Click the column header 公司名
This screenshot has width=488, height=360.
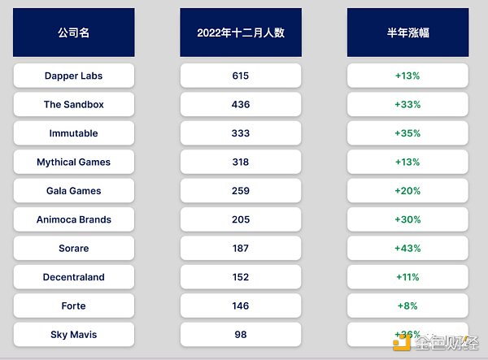coord(74,33)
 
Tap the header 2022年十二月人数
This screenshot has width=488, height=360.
coord(241,33)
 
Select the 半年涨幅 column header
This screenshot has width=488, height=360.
coord(407,33)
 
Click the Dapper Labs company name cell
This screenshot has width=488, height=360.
coord(74,76)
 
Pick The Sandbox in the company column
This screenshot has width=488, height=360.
coord(74,105)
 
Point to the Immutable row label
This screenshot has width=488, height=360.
coord(74,133)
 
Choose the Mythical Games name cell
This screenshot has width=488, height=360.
coord(74,162)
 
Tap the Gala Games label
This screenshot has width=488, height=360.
coord(74,191)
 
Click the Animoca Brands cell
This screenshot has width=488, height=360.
coord(74,219)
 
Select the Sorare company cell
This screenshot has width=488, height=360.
coord(74,248)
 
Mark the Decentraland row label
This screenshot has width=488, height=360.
coord(74,277)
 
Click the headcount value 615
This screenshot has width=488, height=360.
coord(241,76)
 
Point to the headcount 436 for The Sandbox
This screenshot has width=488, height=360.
coord(241,105)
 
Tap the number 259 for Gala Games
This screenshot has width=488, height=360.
coord(241,191)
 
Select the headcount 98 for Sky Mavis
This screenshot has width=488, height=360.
coord(241,335)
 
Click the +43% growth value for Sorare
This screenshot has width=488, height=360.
coord(407,248)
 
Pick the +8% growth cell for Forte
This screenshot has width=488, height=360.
coord(407,306)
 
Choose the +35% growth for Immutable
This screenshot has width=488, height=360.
coord(407,133)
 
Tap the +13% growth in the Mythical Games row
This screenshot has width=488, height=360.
coord(407,162)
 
